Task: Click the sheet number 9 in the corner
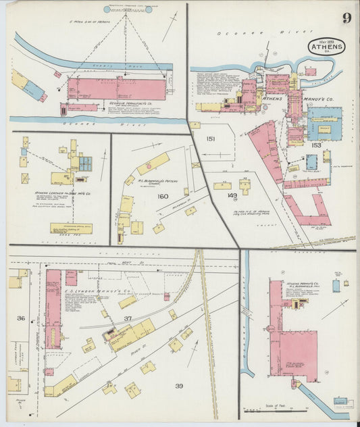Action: [346, 18]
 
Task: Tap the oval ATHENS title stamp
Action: [327, 48]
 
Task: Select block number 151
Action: [210, 139]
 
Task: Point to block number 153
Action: [316, 145]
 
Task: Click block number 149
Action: [232, 196]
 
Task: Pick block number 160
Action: [162, 197]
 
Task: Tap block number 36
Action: [21, 318]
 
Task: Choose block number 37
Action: [128, 318]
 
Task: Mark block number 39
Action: [179, 386]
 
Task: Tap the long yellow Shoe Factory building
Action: [71, 228]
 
